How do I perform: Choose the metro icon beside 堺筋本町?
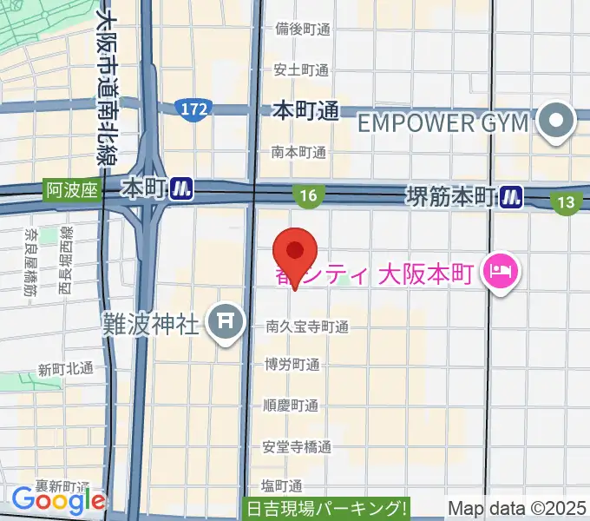(510, 198)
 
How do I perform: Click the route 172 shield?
(193, 109)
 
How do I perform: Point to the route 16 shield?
(309, 197)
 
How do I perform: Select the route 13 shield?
(566, 202)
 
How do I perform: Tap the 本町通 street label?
(305, 110)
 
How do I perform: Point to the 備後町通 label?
(301, 29)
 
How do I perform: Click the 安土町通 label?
(301, 69)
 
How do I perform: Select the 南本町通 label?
(298, 152)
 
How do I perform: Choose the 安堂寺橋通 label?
(297, 447)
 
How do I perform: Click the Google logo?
(58, 500)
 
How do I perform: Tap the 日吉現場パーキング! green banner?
(326, 510)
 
